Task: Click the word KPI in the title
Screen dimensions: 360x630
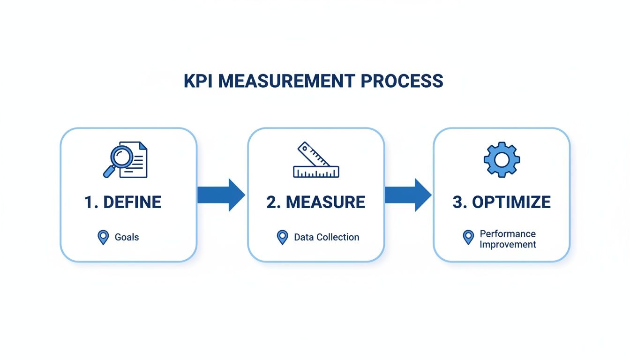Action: coord(198,81)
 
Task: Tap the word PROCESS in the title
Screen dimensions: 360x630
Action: coord(402,81)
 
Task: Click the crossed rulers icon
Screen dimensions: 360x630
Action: coord(315,160)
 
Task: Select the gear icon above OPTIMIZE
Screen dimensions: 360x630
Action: coord(502,159)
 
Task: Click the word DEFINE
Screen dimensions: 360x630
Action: coord(132,202)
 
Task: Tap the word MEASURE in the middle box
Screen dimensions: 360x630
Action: coord(325,202)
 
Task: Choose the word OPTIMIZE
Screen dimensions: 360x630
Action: coord(511,202)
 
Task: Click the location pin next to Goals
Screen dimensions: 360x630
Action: coord(103,237)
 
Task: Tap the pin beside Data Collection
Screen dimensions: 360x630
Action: coord(282,237)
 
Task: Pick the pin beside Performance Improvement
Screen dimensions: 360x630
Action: coord(468,237)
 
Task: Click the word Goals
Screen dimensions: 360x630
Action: coord(127,237)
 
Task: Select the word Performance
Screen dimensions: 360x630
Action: coord(507,233)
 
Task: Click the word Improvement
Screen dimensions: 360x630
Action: coord(508,244)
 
